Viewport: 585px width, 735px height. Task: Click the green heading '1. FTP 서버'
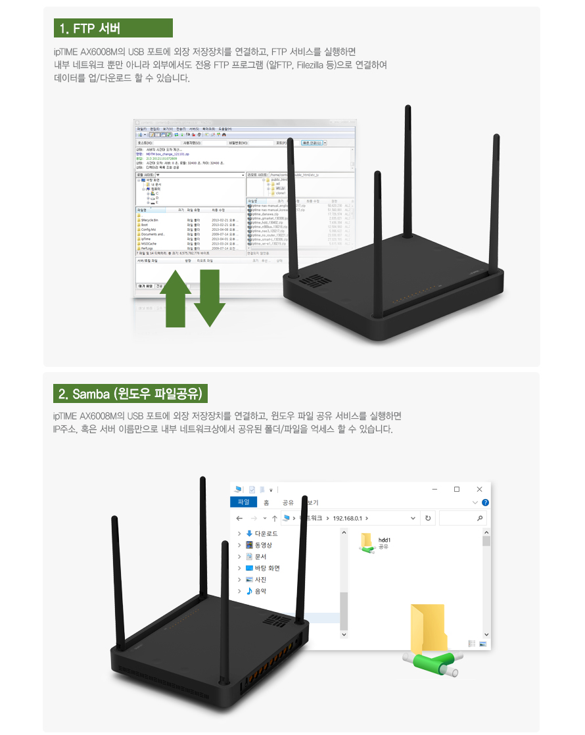(113, 28)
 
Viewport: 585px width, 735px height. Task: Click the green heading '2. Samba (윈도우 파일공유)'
(131, 394)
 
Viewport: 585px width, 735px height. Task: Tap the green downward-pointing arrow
(210, 296)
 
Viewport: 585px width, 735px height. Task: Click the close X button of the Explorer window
(479, 489)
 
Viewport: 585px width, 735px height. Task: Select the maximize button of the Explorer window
(457, 489)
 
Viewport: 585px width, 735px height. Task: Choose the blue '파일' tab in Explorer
(243, 502)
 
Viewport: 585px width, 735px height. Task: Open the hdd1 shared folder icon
(365, 543)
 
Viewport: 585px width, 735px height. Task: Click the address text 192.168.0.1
(352, 518)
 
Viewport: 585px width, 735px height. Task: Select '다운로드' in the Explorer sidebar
(266, 534)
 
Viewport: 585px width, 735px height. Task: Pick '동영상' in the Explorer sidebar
(263, 545)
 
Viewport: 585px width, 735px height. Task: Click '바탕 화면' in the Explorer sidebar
(267, 568)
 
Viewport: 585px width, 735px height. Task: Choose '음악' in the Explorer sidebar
(260, 591)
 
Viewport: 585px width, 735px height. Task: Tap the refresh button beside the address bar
(428, 518)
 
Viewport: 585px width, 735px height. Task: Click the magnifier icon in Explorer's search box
(480, 518)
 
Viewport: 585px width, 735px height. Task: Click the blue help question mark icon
(485, 502)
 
